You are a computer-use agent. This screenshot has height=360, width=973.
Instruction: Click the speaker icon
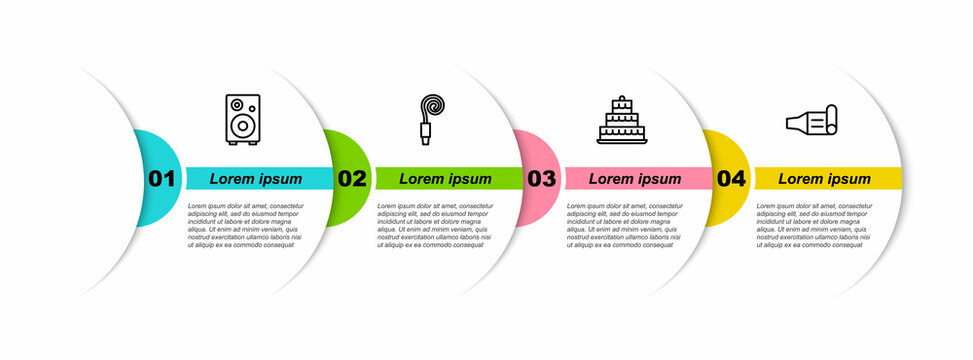(243, 119)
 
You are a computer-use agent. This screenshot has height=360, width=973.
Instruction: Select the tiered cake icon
(623, 120)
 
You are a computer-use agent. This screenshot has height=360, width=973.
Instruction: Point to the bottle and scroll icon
(812, 120)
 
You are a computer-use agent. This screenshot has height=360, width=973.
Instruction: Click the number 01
(161, 179)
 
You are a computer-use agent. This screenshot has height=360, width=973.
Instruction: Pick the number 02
(352, 179)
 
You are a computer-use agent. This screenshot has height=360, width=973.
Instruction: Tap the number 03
(541, 179)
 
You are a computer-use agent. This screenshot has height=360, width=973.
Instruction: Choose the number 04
(731, 179)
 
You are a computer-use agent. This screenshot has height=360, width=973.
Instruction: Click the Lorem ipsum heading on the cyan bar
(256, 179)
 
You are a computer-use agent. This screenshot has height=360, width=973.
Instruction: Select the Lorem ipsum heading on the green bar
(446, 179)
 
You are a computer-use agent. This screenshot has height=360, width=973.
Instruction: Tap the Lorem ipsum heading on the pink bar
(635, 179)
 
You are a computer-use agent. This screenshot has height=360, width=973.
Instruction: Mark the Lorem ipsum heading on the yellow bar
(825, 179)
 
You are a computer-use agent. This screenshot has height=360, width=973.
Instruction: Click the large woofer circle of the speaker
(242, 127)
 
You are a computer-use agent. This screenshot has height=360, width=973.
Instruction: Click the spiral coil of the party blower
(434, 107)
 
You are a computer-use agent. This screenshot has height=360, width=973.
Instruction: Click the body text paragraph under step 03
(626, 225)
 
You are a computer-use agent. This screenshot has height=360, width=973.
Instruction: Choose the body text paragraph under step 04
(816, 225)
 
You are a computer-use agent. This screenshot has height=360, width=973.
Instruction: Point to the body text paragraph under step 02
(437, 225)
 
